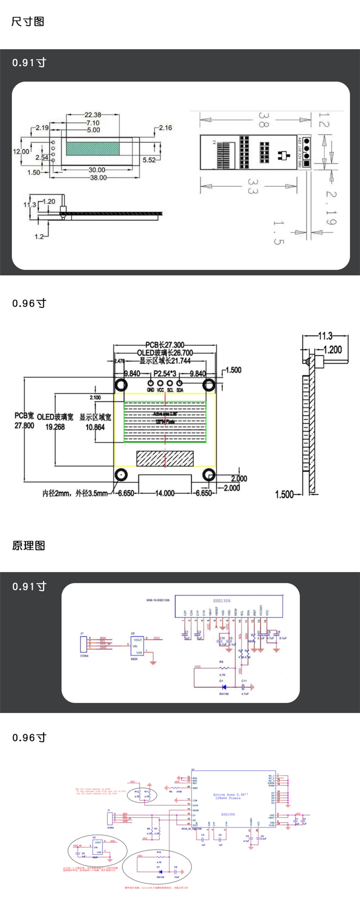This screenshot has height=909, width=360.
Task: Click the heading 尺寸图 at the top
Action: click(28, 22)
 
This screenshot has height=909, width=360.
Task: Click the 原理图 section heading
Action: click(29, 545)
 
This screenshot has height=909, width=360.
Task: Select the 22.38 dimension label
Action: click(93, 115)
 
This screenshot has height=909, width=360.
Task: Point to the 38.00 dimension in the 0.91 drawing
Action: click(98, 178)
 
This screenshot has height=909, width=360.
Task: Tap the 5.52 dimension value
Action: click(149, 160)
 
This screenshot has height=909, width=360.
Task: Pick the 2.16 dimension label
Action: click(165, 128)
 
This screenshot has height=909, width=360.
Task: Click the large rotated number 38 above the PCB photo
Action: click(264, 120)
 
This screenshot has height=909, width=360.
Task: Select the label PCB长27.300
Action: click(165, 345)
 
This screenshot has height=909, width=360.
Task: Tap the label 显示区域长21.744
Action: click(165, 361)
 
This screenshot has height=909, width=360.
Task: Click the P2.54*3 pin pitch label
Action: click(165, 374)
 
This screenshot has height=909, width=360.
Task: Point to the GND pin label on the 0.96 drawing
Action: click(150, 390)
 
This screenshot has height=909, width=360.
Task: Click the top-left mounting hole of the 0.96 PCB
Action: click(121, 385)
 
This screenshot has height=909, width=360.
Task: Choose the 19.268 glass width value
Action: click(55, 427)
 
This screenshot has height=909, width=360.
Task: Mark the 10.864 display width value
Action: click(95, 427)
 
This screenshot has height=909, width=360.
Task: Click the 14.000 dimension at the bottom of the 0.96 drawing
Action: click(165, 493)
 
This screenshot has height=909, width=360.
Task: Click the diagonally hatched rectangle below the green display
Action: click(165, 459)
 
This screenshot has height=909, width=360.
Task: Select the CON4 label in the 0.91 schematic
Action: click(84, 655)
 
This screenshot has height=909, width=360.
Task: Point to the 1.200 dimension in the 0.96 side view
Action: click(333, 350)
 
